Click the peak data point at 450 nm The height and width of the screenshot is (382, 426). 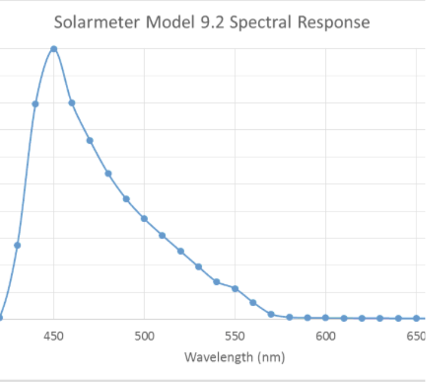53,49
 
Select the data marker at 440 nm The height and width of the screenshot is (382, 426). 35,104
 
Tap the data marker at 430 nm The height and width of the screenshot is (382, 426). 17,245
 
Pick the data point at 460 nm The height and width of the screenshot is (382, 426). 72,103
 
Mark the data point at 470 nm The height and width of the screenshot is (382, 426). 90,140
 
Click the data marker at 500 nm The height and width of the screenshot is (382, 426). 144,219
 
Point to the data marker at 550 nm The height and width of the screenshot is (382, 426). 234,289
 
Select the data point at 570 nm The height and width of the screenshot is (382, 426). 271,314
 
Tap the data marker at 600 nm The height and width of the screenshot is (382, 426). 325,318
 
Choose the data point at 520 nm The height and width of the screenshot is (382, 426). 180,251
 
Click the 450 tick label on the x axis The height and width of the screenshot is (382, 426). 53,336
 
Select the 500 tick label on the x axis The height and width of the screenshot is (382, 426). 144,336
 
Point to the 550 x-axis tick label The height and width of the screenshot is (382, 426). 234,336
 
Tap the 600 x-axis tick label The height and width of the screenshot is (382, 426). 325,336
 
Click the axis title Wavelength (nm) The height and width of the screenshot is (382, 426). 234,357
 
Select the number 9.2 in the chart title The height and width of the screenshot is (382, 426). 214,23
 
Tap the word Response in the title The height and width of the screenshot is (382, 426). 334,23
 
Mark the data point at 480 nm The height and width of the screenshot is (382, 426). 108,173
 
